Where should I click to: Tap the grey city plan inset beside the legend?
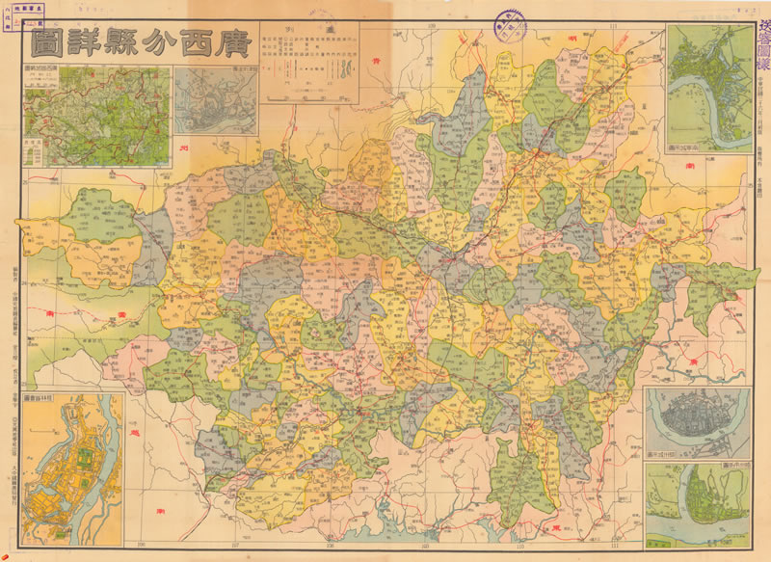[x=215, y=101]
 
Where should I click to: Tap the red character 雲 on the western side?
[x=49, y=314]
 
